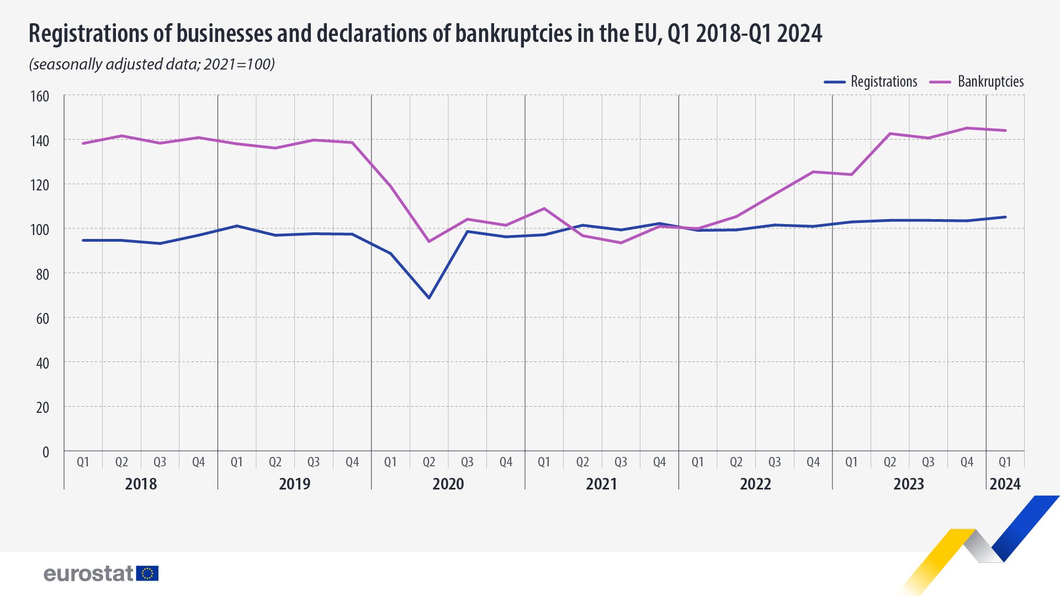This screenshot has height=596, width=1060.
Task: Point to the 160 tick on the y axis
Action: pos(40,97)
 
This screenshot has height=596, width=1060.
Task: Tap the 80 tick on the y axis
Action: pos(42,274)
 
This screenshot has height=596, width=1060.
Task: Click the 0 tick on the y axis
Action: pos(46,453)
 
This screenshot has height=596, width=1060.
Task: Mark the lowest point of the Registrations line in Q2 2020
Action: pos(429,298)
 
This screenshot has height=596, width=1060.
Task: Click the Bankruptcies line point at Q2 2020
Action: pos(429,242)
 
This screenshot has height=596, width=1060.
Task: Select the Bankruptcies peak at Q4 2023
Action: pos(967,128)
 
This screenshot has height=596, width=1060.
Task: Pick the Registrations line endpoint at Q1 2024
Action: pos(1005,217)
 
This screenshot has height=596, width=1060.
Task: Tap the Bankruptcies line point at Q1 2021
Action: pos(544,209)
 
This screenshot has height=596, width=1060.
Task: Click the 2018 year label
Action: pos(141,484)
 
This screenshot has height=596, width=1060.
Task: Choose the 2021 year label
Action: pos(601,484)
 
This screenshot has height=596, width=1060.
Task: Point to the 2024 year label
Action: pos(1005,484)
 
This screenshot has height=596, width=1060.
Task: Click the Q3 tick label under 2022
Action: pos(775,462)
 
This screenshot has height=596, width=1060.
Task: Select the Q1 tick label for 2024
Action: pos(1005,462)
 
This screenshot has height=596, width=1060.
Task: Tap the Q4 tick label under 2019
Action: pos(352,462)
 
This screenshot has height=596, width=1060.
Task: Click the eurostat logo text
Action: pos(88,574)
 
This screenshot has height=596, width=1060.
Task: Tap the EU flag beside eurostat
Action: pos(147,573)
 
